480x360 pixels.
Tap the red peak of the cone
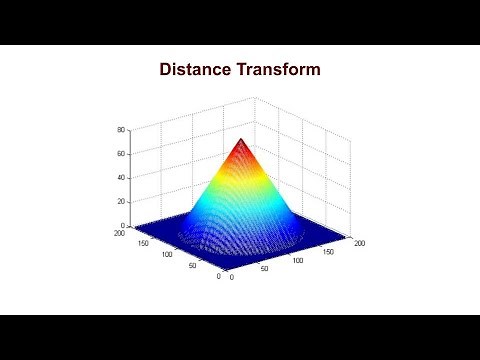241,142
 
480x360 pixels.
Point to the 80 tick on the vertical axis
120,130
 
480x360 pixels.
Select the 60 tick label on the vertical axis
120,154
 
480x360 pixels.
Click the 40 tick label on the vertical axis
120,178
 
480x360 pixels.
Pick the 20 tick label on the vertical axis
120,202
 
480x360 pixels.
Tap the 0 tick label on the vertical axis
123,225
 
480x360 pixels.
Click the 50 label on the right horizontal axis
265,269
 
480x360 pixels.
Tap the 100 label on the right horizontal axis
298,260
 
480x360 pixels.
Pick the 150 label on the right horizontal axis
329,251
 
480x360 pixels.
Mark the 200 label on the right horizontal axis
358,242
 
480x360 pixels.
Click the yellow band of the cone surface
241,183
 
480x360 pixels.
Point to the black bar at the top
240,22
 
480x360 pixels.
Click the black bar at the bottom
240,337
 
